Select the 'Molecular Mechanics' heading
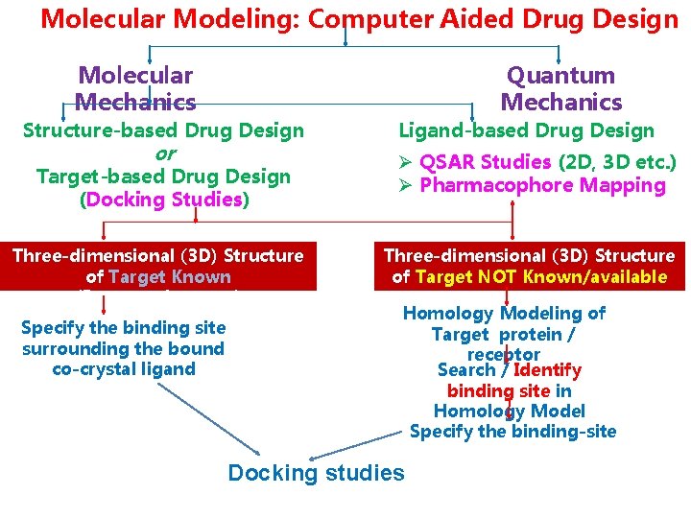[135, 88]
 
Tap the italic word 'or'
[164, 153]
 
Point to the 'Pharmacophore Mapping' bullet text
[542, 185]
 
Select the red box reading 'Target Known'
[158, 266]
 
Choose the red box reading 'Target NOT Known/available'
[529, 266]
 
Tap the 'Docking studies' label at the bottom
[316, 472]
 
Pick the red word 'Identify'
[547, 370]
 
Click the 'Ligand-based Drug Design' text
[526, 130]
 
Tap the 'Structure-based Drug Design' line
[163, 130]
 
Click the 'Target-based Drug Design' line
[163, 177]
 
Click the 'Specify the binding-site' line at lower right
[512, 432]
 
